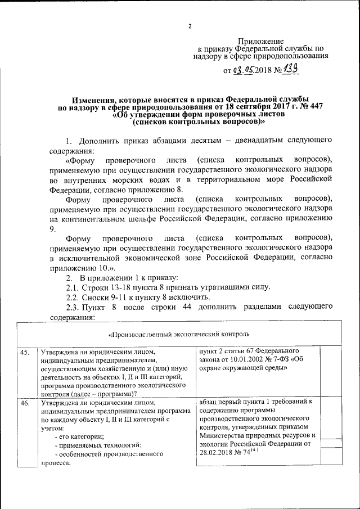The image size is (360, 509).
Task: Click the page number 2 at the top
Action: (x=190, y=26)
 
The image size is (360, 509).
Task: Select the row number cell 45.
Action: (x=25, y=353)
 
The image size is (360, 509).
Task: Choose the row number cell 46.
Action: (x=25, y=403)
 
